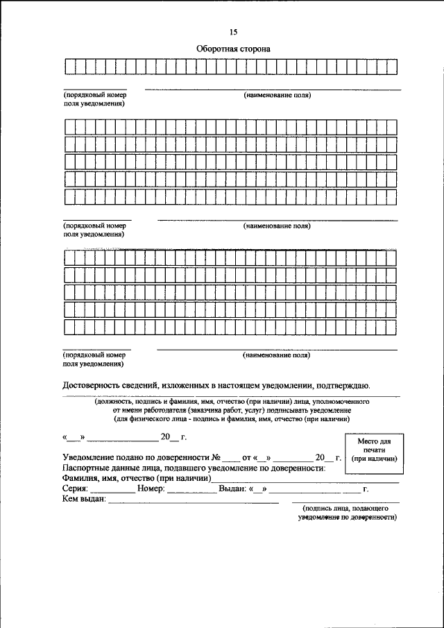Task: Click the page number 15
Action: point(233,33)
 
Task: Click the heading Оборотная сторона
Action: point(232,49)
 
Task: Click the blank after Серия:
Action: point(112,490)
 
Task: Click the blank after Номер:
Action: point(191,490)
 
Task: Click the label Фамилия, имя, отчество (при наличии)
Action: point(137,479)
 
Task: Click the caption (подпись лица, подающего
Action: point(345,509)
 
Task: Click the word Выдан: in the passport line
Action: point(232,489)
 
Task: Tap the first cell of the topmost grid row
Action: point(69,67)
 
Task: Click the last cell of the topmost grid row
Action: point(391,67)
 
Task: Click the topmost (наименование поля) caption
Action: point(276,95)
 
